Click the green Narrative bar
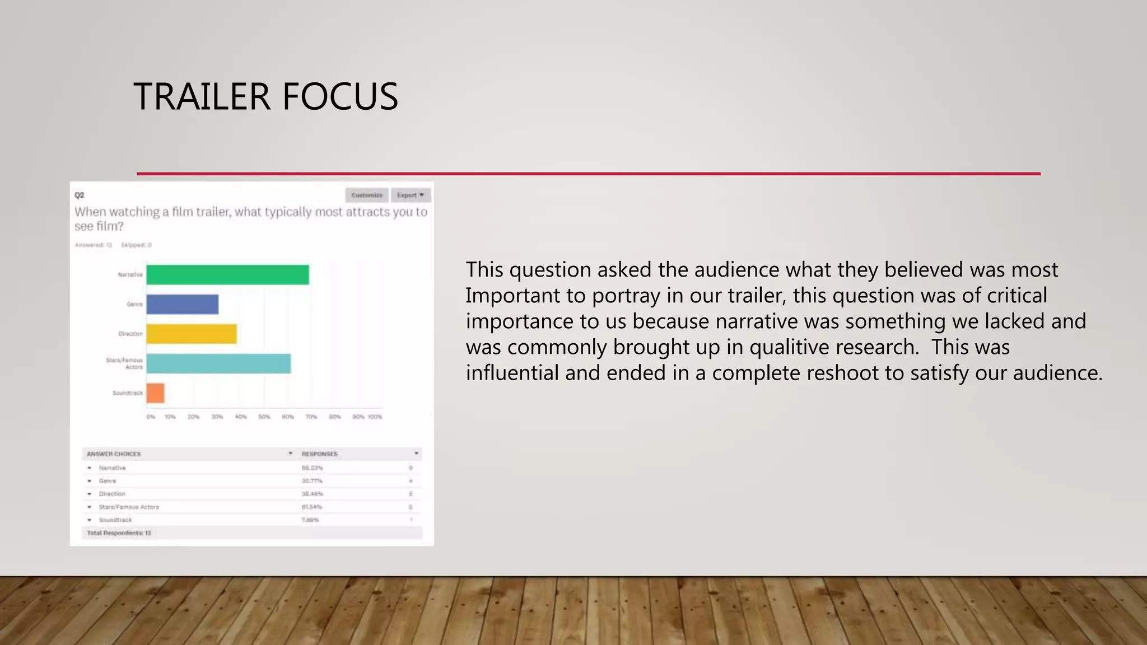[x=227, y=275]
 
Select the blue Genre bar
[x=183, y=305]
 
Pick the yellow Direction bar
[x=192, y=334]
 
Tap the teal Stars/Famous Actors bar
[x=218, y=364]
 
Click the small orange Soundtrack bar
[x=156, y=393]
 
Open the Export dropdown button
[x=411, y=195]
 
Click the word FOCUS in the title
[x=340, y=96]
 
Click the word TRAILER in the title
[x=202, y=96]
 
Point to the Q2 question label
[x=80, y=195]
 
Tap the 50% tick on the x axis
[x=264, y=417]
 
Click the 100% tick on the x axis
[x=375, y=417]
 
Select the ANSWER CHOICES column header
[x=114, y=454]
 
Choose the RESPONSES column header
[x=320, y=454]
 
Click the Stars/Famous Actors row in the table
[x=129, y=507]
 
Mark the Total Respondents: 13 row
[x=119, y=533]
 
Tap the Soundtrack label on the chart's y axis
[x=127, y=393]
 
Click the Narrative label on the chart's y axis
[x=130, y=275]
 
